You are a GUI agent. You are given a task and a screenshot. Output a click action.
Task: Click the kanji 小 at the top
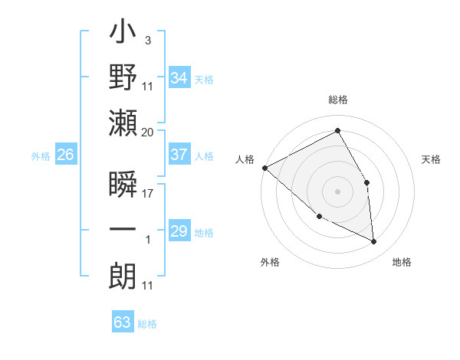click(123, 34)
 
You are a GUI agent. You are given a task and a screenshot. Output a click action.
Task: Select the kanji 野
click(123, 79)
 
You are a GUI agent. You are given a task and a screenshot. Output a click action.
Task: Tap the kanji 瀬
click(123, 123)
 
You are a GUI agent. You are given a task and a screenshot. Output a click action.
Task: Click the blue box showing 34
click(179, 78)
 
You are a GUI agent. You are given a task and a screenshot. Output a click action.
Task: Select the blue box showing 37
click(179, 155)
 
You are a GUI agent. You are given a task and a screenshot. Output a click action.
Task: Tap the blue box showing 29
click(179, 231)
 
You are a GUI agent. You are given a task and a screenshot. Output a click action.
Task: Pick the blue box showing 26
click(65, 155)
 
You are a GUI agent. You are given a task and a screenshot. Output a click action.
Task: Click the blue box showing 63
click(123, 322)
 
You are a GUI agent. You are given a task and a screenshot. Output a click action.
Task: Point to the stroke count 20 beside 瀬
click(147, 133)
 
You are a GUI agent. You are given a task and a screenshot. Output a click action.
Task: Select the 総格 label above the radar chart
click(338, 100)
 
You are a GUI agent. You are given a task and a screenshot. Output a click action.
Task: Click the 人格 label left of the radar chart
click(245, 159)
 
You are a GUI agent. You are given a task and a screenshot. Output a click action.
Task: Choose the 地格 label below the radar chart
click(402, 262)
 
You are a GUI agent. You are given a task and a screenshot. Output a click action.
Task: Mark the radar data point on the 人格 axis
click(264, 168)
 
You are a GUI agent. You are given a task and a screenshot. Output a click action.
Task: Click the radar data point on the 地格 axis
click(373, 241)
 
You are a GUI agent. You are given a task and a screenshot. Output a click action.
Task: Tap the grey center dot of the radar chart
click(337, 191)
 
